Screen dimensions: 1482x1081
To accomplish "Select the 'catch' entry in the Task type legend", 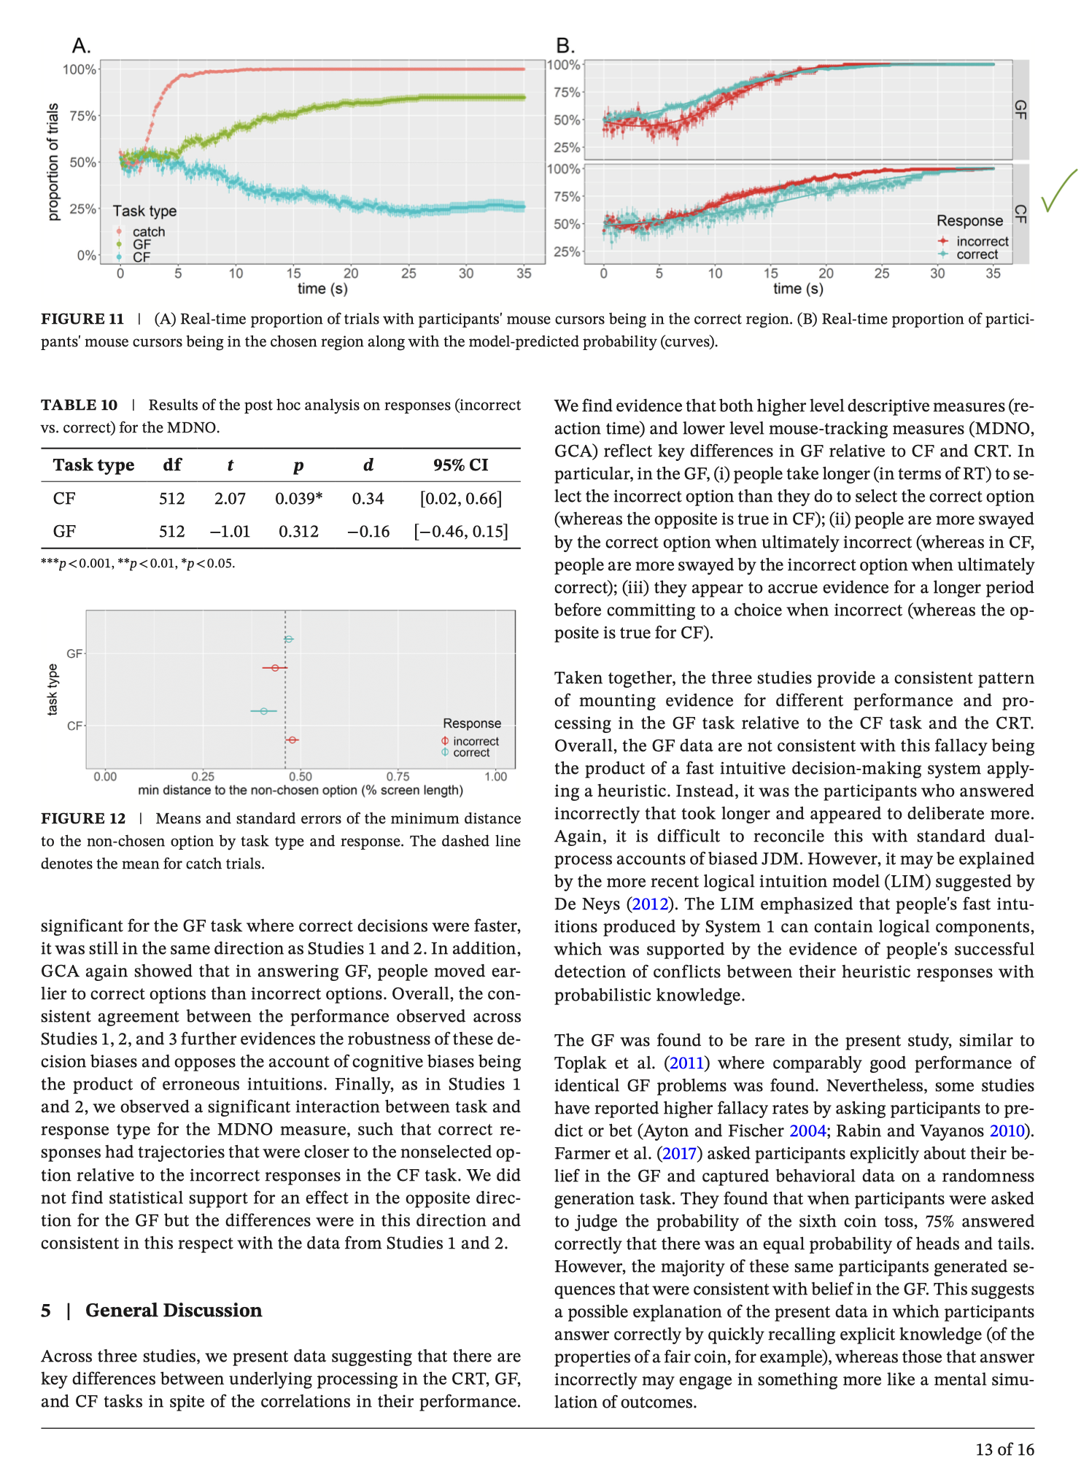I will [x=148, y=232].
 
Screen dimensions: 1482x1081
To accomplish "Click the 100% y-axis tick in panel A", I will [x=80, y=70].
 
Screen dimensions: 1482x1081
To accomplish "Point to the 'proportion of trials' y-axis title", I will [x=53, y=162].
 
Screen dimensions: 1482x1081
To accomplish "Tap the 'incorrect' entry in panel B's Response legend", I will [x=982, y=241].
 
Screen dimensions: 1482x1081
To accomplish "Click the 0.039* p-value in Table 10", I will [x=298, y=499].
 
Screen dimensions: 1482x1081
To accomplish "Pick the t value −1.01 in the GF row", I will [x=230, y=532].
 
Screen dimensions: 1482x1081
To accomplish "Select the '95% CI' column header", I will [x=460, y=465].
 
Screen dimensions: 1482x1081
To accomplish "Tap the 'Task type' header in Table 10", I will [x=93, y=465].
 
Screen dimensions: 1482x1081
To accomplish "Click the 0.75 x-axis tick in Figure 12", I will [x=398, y=777].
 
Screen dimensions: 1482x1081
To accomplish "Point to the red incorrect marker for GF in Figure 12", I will [x=275, y=668].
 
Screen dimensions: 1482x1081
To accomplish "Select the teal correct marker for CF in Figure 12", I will [x=263, y=710].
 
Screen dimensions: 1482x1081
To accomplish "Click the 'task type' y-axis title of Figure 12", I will [x=53, y=690].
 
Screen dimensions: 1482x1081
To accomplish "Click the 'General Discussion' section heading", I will [x=174, y=1311].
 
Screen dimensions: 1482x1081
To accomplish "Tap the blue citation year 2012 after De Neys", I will [x=649, y=904].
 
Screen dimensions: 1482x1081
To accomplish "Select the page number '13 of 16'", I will [x=1004, y=1450].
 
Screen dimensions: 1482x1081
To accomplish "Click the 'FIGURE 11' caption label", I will [x=82, y=319].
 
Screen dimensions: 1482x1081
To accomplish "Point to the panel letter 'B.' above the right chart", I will [x=565, y=46].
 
